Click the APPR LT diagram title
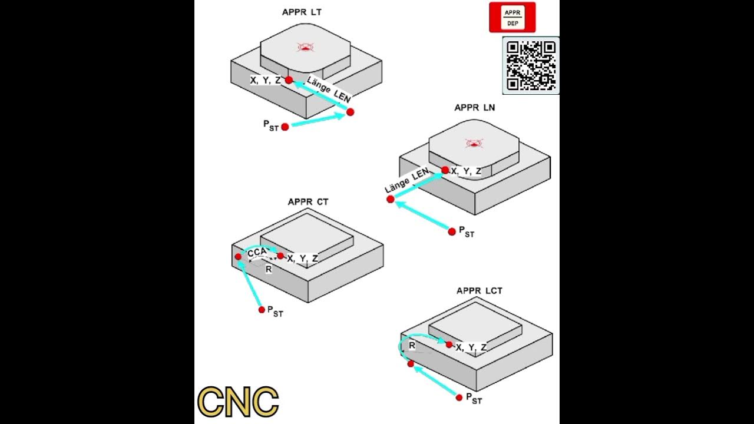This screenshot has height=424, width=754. [x=302, y=12]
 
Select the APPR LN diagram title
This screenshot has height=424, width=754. [x=475, y=108]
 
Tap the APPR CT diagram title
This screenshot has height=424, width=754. [x=308, y=202]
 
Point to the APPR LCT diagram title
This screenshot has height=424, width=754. [x=479, y=291]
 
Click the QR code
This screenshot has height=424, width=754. [x=531, y=65]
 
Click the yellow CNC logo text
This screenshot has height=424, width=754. [x=238, y=402]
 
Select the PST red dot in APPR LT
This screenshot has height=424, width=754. [x=285, y=127]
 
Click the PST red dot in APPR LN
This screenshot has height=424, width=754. [x=452, y=231]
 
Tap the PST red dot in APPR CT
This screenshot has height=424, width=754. [x=262, y=310]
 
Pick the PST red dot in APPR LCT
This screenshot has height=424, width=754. [x=459, y=397]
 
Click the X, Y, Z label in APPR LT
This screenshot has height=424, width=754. [x=265, y=80]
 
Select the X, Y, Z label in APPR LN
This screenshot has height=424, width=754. [x=466, y=171]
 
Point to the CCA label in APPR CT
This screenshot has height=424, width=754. [x=258, y=253]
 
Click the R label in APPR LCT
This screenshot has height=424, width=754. [x=412, y=346]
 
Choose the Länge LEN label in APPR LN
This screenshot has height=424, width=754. [x=406, y=181]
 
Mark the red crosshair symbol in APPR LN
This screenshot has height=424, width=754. [x=474, y=143]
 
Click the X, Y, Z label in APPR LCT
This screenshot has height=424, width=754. [x=471, y=347]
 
